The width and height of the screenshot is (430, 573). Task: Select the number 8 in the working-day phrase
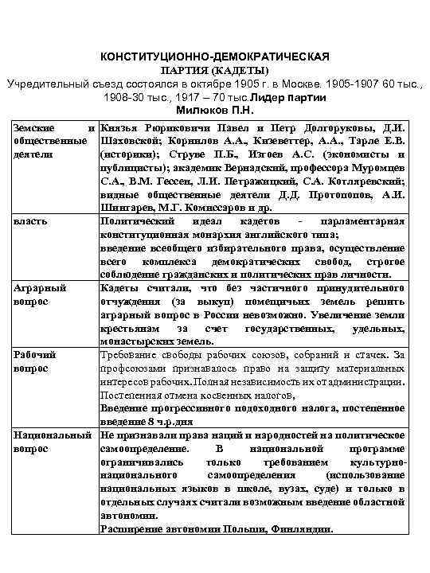click(151, 421)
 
